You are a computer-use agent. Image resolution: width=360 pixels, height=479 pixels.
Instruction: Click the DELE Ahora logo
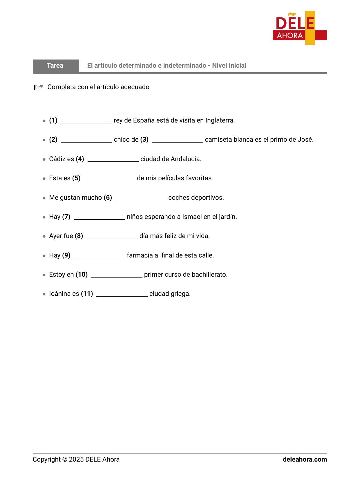(300, 28)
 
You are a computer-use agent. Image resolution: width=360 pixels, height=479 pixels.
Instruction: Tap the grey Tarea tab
(55, 66)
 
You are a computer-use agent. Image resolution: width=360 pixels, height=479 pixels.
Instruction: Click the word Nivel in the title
(220, 66)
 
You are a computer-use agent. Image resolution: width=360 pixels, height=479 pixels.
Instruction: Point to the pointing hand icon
(39, 87)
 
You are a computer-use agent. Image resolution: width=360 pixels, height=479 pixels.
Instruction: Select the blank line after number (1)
(86, 121)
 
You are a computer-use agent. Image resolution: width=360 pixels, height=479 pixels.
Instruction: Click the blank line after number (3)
(178, 140)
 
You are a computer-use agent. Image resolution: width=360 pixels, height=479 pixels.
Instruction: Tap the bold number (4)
(80, 159)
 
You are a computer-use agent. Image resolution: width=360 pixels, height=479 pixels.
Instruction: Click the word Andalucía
(186, 159)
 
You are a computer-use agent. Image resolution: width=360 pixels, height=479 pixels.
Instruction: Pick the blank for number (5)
(109, 179)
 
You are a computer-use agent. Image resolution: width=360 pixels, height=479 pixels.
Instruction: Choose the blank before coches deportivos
(141, 198)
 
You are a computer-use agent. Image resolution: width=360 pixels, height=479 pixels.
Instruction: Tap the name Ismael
(191, 217)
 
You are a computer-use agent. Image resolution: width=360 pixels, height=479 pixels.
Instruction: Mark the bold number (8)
(79, 236)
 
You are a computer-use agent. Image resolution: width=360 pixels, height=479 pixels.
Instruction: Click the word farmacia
(140, 255)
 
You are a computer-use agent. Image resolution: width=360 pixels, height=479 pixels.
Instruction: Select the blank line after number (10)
(117, 275)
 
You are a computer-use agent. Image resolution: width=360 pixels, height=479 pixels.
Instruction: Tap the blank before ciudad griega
(122, 294)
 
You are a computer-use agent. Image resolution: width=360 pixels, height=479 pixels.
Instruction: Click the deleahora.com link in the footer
(305, 460)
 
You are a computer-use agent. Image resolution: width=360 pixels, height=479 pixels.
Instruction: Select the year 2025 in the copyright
(76, 460)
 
